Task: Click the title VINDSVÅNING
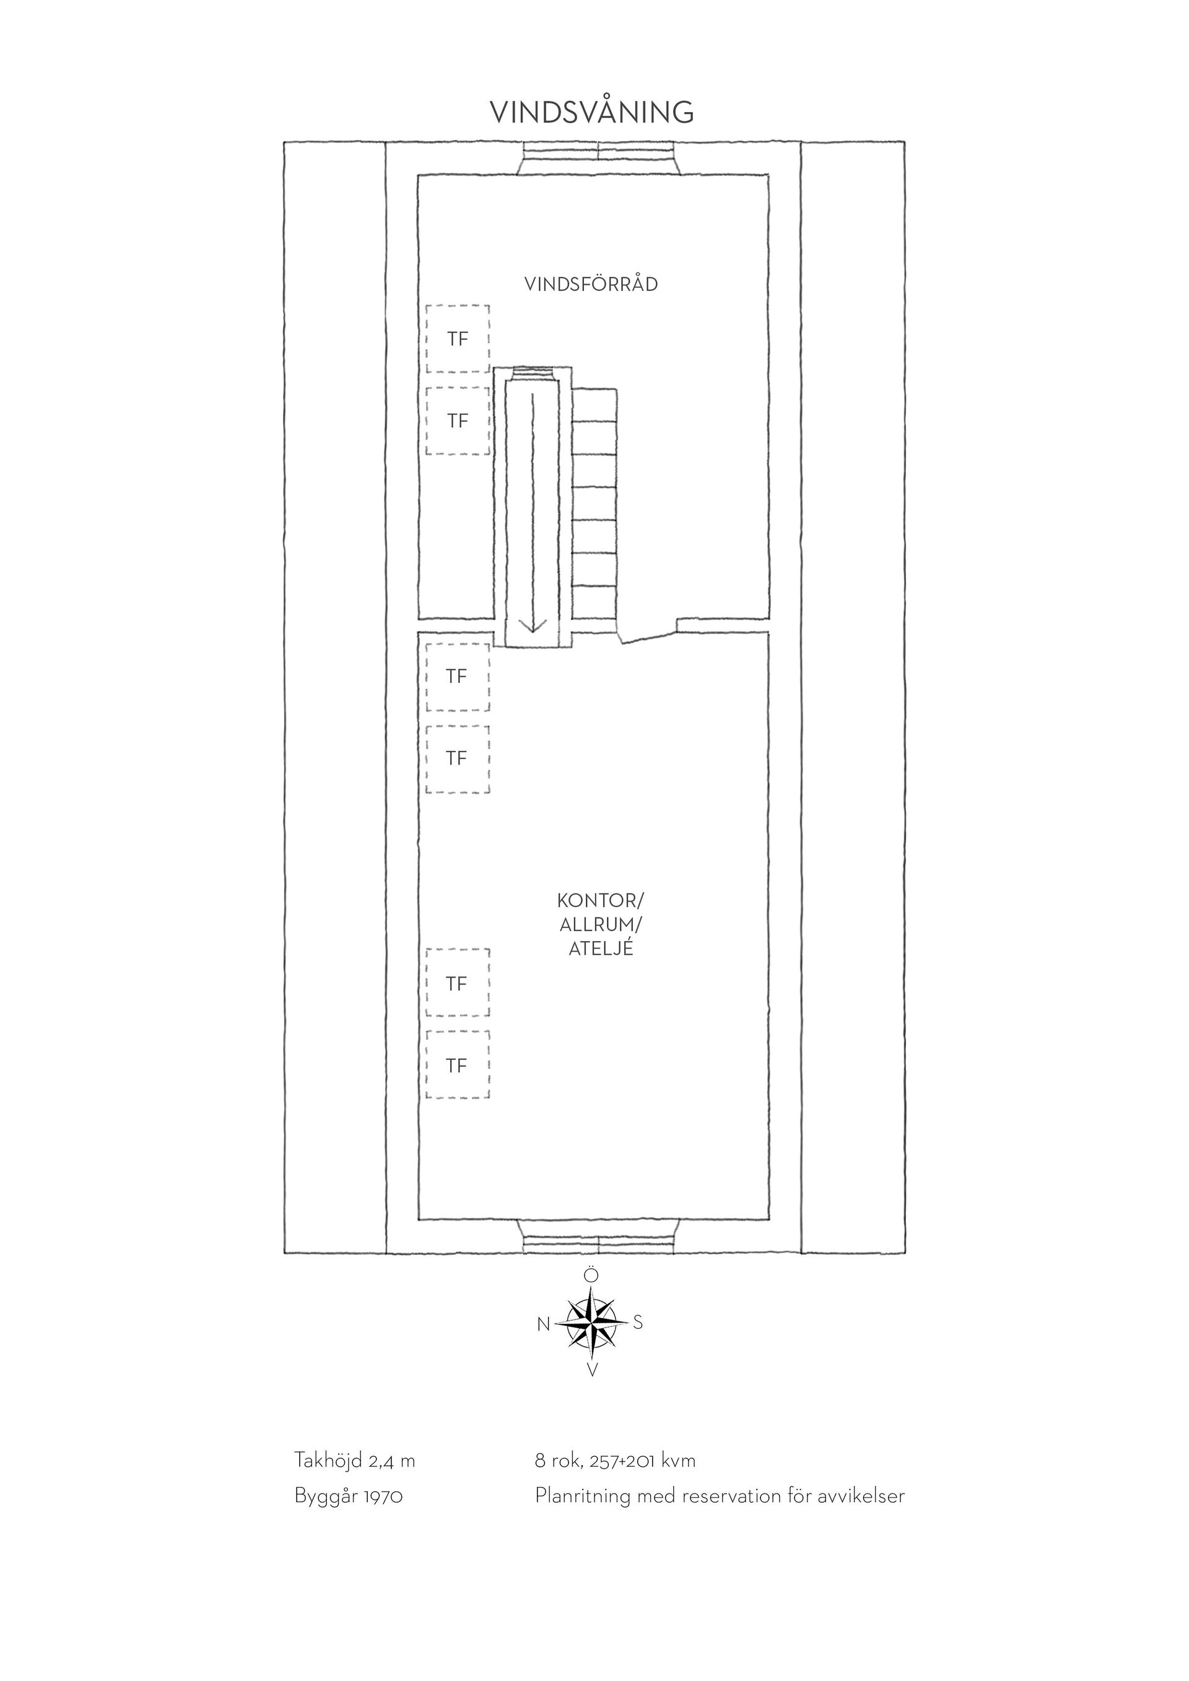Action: pos(591,112)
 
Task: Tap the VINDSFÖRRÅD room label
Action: pos(591,284)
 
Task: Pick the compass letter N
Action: pos(543,1324)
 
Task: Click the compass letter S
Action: pos(638,1323)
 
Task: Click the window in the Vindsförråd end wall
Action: pos(599,157)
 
